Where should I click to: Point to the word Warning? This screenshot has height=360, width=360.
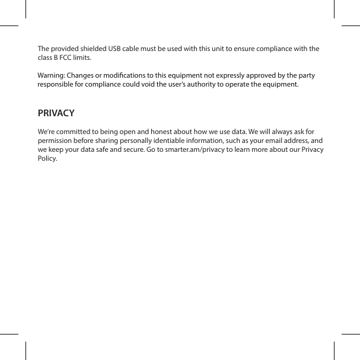[51, 76]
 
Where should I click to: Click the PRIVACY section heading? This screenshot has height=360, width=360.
[56, 113]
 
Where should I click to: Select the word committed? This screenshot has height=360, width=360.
[76, 130]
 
